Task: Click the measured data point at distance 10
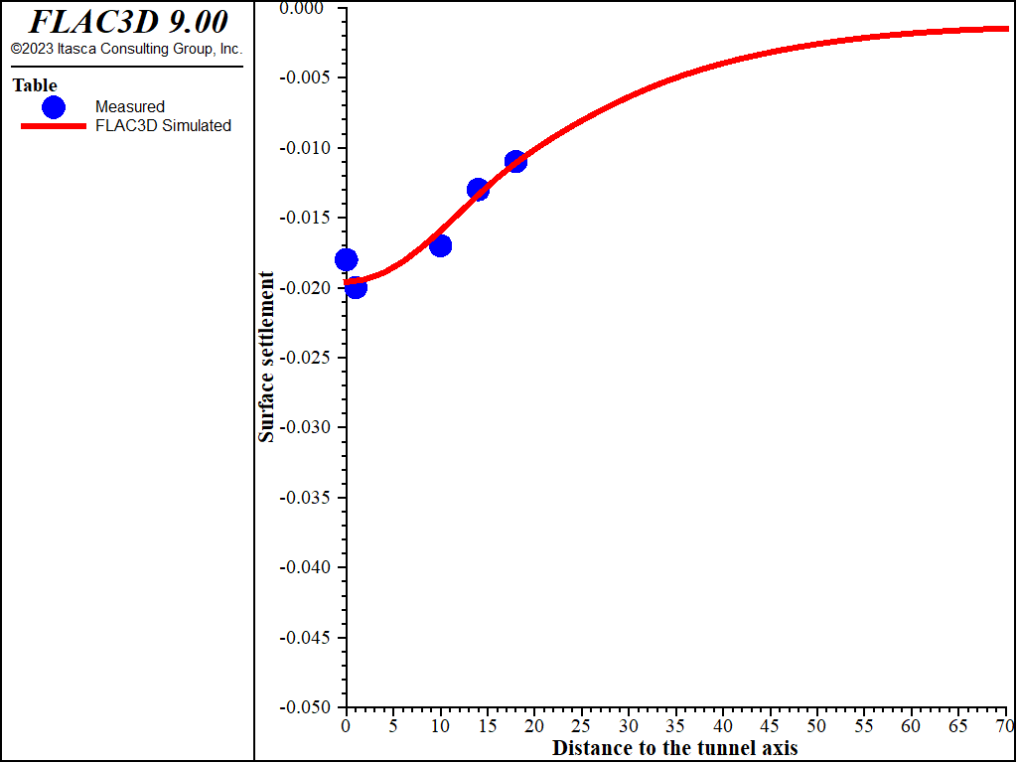coord(440,244)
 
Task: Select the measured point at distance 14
coord(478,189)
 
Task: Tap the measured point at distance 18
coord(515,161)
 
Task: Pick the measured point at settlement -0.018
coord(346,259)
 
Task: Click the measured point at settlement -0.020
coord(356,287)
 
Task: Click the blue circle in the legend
coord(54,106)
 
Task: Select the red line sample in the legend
coord(54,126)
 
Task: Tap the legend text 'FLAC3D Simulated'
coord(163,126)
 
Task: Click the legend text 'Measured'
coord(130,106)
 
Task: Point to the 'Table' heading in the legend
coord(35,85)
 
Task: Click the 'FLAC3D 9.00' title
coord(128,22)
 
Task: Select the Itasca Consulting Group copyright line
coord(126,49)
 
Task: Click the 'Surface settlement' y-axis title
coord(266,356)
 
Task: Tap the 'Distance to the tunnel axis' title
coord(675,747)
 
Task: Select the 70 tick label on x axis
coord(1005,726)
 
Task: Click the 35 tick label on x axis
coord(675,726)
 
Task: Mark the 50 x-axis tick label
coord(817,726)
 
